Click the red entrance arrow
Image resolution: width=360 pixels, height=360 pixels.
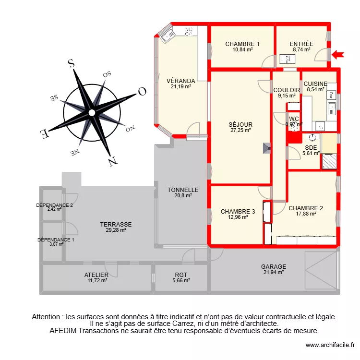338,54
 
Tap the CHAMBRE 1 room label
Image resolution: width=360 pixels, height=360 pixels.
242,44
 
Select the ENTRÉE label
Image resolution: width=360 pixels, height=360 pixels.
301,44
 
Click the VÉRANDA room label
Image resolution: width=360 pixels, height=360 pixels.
180,81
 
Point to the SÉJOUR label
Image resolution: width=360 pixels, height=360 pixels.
240,125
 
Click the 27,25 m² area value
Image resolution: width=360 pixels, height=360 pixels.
240,130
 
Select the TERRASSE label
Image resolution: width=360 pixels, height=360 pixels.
116,224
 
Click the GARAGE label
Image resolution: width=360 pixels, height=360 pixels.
274,267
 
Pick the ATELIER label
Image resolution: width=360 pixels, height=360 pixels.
96,275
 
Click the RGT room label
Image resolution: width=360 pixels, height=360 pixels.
180,275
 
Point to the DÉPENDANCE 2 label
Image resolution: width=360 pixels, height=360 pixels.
54,205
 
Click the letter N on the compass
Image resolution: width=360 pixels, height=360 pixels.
113,161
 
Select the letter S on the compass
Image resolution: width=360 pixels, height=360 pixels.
71,64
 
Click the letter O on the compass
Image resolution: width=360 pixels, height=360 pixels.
142,91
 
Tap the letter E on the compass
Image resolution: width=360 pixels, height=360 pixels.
43,133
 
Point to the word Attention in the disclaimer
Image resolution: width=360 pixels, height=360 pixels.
47,317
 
